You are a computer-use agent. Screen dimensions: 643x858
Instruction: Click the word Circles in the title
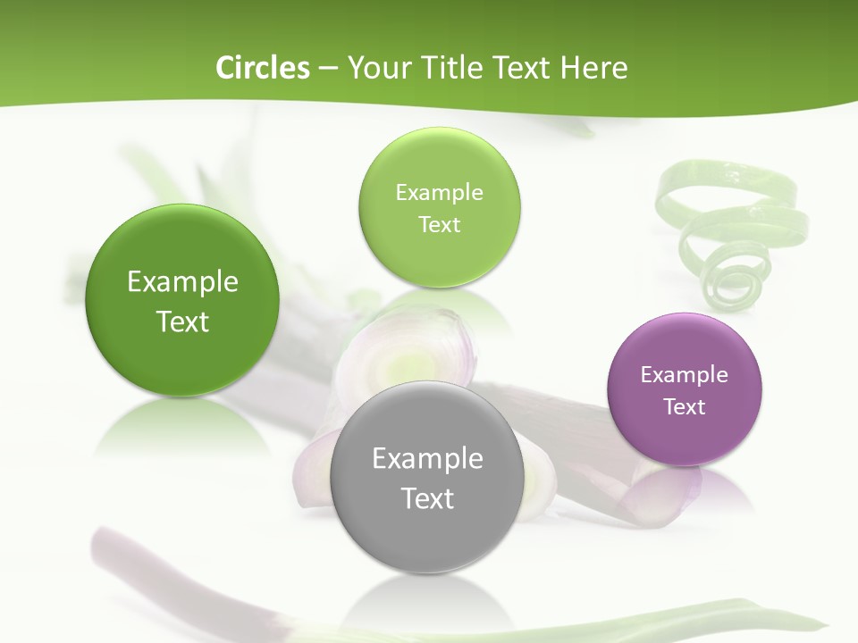click(x=262, y=68)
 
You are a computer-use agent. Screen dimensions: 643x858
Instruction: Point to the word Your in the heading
click(x=375, y=68)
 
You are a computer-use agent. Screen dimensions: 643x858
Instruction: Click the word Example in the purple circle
click(x=685, y=375)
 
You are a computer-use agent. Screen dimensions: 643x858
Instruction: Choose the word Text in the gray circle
click(x=427, y=498)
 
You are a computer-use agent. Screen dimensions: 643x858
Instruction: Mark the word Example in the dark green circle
click(x=182, y=282)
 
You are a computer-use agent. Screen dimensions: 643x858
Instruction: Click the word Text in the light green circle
click(x=439, y=224)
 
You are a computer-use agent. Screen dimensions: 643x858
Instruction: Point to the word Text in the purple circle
click(x=685, y=407)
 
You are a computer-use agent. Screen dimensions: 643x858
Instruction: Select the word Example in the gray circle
click(x=427, y=459)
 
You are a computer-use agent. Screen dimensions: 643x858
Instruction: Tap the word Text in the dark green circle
click(x=182, y=321)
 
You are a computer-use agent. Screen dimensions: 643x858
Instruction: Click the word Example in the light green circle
click(x=439, y=192)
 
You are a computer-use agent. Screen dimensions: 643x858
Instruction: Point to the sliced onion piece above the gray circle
click(x=408, y=353)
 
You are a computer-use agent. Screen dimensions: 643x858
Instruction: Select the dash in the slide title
click(x=328, y=69)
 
